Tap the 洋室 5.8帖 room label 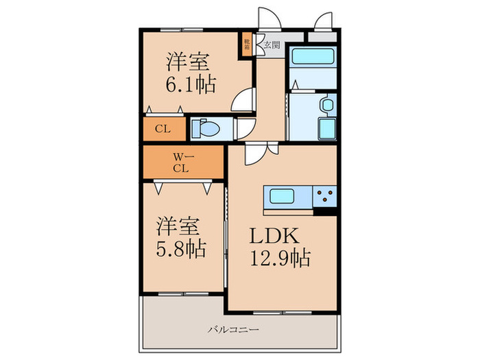[181, 237]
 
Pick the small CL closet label [163, 128]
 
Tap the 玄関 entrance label [272, 46]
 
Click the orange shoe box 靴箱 [246, 45]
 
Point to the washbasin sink [327, 106]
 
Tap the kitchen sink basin [283, 196]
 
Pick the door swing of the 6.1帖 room [243, 100]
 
